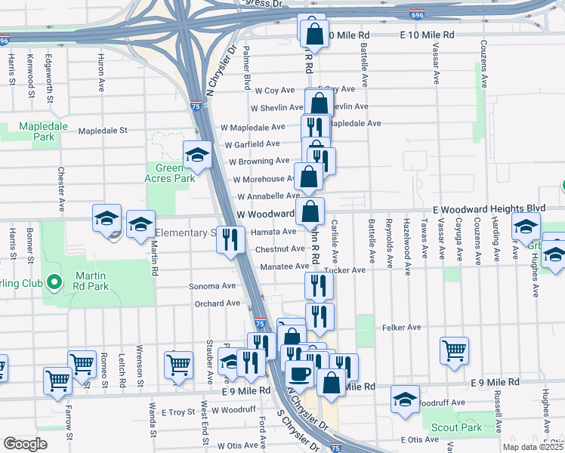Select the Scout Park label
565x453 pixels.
[x=456, y=427]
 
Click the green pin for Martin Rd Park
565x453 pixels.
[x=54, y=282]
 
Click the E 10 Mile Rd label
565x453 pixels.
[x=428, y=35]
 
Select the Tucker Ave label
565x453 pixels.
[x=348, y=270]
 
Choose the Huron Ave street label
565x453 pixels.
[x=101, y=74]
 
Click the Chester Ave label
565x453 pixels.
[x=60, y=183]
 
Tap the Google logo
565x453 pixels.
[x=25, y=443]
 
